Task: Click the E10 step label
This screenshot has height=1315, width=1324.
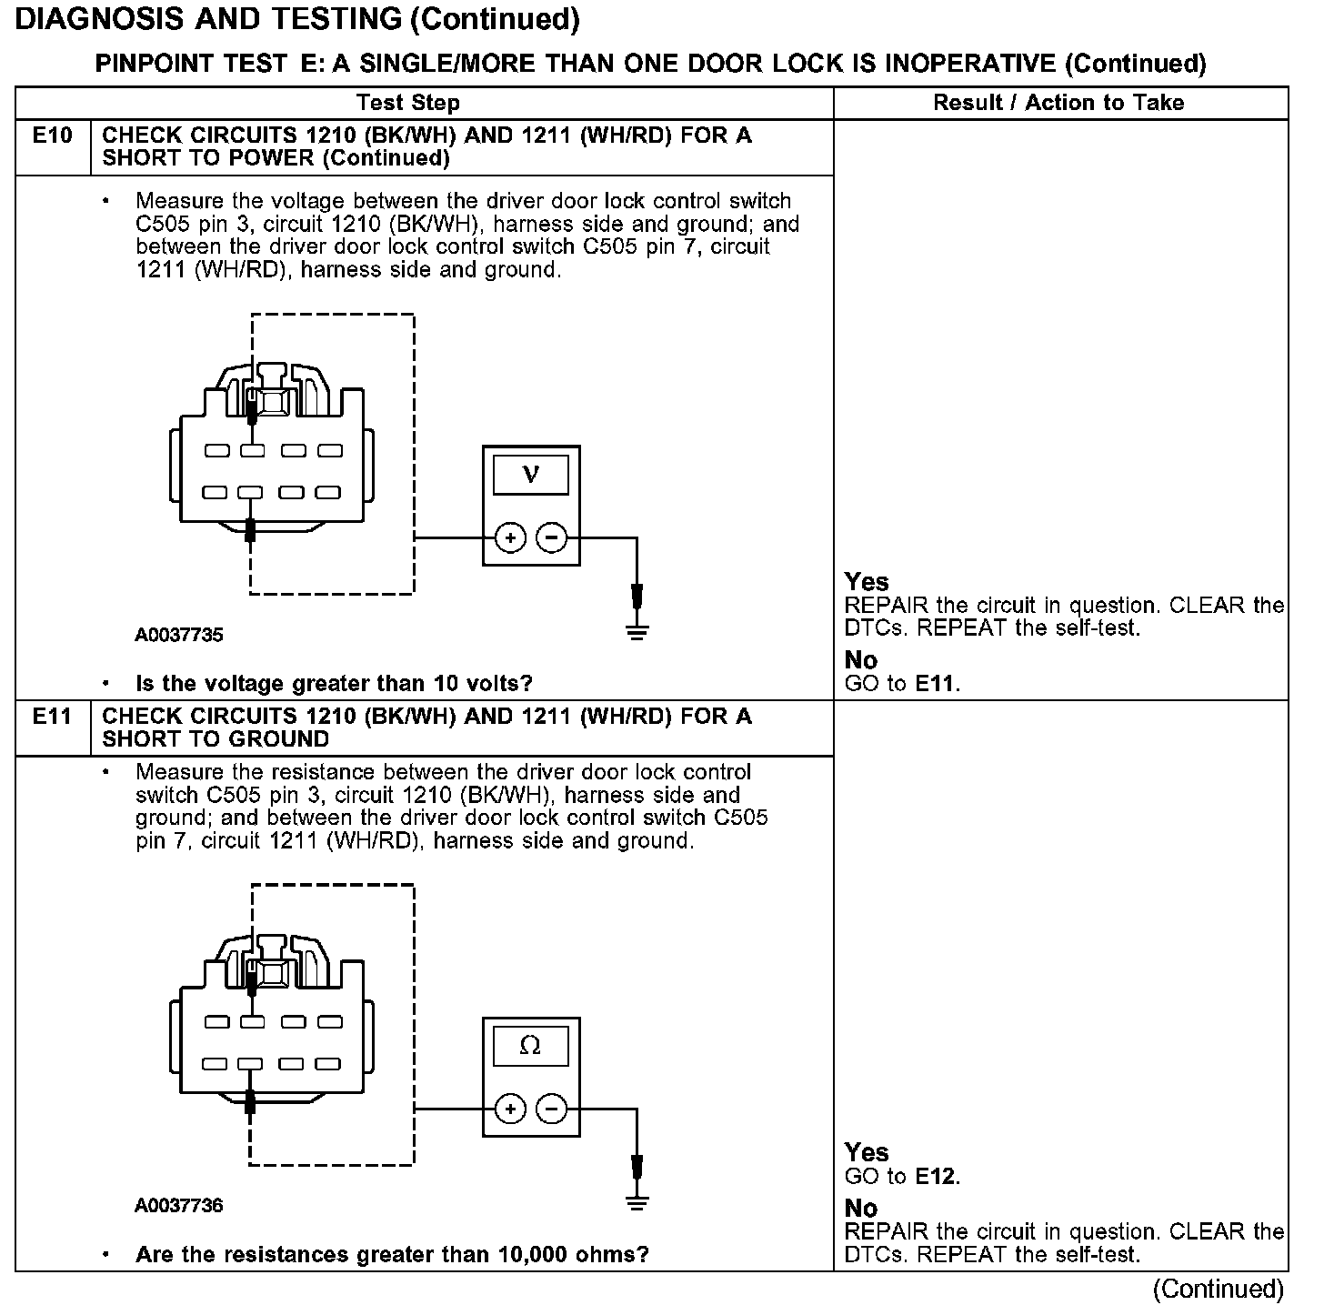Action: pyautogui.click(x=52, y=136)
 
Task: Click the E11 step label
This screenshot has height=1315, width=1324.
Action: pyautogui.click(x=52, y=717)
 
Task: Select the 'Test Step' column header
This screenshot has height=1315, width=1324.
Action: pyautogui.click(x=408, y=103)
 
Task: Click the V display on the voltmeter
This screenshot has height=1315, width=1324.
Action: pyautogui.click(x=531, y=475)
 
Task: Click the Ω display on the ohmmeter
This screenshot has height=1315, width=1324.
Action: pyautogui.click(x=531, y=1047)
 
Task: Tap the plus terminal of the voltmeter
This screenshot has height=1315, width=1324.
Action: pyautogui.click(x=511, y=538)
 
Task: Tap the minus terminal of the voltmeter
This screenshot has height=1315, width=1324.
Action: pyautogui.click(x=551, y=538)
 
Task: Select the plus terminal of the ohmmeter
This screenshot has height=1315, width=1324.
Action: pyautogui.click(x=511, y=1109)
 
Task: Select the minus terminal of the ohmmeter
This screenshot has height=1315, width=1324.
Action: pyautogui.click(x=551, y=1109)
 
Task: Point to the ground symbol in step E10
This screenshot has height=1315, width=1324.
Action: pyautogui.click(x=637, y=632)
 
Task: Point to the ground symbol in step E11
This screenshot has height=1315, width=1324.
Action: pyautogui.click(x=637, y=1203)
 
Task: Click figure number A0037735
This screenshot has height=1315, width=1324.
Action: pyautogui.click(x=179, y=636)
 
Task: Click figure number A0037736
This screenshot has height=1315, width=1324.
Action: pyautogui.click(x=179, y=1206)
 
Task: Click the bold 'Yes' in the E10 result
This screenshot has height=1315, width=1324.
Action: pyautogui.click(x=867, y=582)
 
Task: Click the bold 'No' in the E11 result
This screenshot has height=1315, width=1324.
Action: pyautogui.click(x=861, y=1209)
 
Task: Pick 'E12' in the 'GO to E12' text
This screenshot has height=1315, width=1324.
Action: pyautogui.click(x=937, y=1177)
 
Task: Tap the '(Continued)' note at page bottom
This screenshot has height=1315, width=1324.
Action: pyautogui.click(x=1219, y=1290)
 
